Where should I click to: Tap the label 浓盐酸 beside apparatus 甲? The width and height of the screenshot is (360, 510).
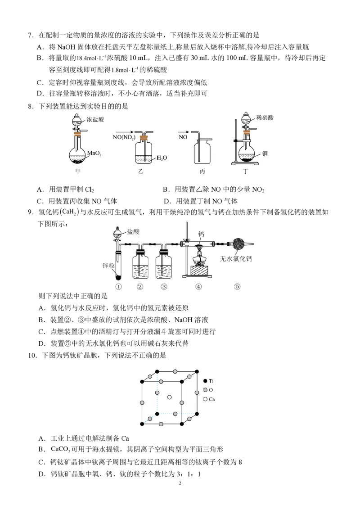pos(95,119)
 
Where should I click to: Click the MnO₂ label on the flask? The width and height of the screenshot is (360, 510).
pos(94,153)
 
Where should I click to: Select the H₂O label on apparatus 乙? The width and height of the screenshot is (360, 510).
pos(162,158)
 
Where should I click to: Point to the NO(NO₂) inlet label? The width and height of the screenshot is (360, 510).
pos(124,137)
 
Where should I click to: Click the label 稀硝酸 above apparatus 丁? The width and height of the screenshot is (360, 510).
pos(265,117)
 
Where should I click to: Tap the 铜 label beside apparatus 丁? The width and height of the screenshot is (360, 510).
pos(265,154)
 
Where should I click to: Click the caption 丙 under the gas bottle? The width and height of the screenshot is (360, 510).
pos(202,171)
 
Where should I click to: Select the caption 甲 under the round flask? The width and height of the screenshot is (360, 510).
pos(78,171)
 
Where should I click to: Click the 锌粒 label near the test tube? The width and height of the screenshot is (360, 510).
pos(108,266)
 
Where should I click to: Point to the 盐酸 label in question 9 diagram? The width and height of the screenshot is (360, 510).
pos(133,231)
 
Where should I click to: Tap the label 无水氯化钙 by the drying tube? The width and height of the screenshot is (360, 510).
pos(236,259)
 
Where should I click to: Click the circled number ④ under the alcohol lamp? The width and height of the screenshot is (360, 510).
pos(198,287)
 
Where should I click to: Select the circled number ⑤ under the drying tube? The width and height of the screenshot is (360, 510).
pos(238,287)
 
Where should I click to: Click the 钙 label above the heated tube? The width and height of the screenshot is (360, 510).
pos(201,234)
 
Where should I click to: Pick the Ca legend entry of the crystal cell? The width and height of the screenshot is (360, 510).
pos(209,399)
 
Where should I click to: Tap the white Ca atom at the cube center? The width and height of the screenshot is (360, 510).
pos(169,397)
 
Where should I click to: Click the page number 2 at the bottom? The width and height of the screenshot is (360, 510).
pos(180,483)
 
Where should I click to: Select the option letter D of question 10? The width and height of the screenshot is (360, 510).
pos(41,474)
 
